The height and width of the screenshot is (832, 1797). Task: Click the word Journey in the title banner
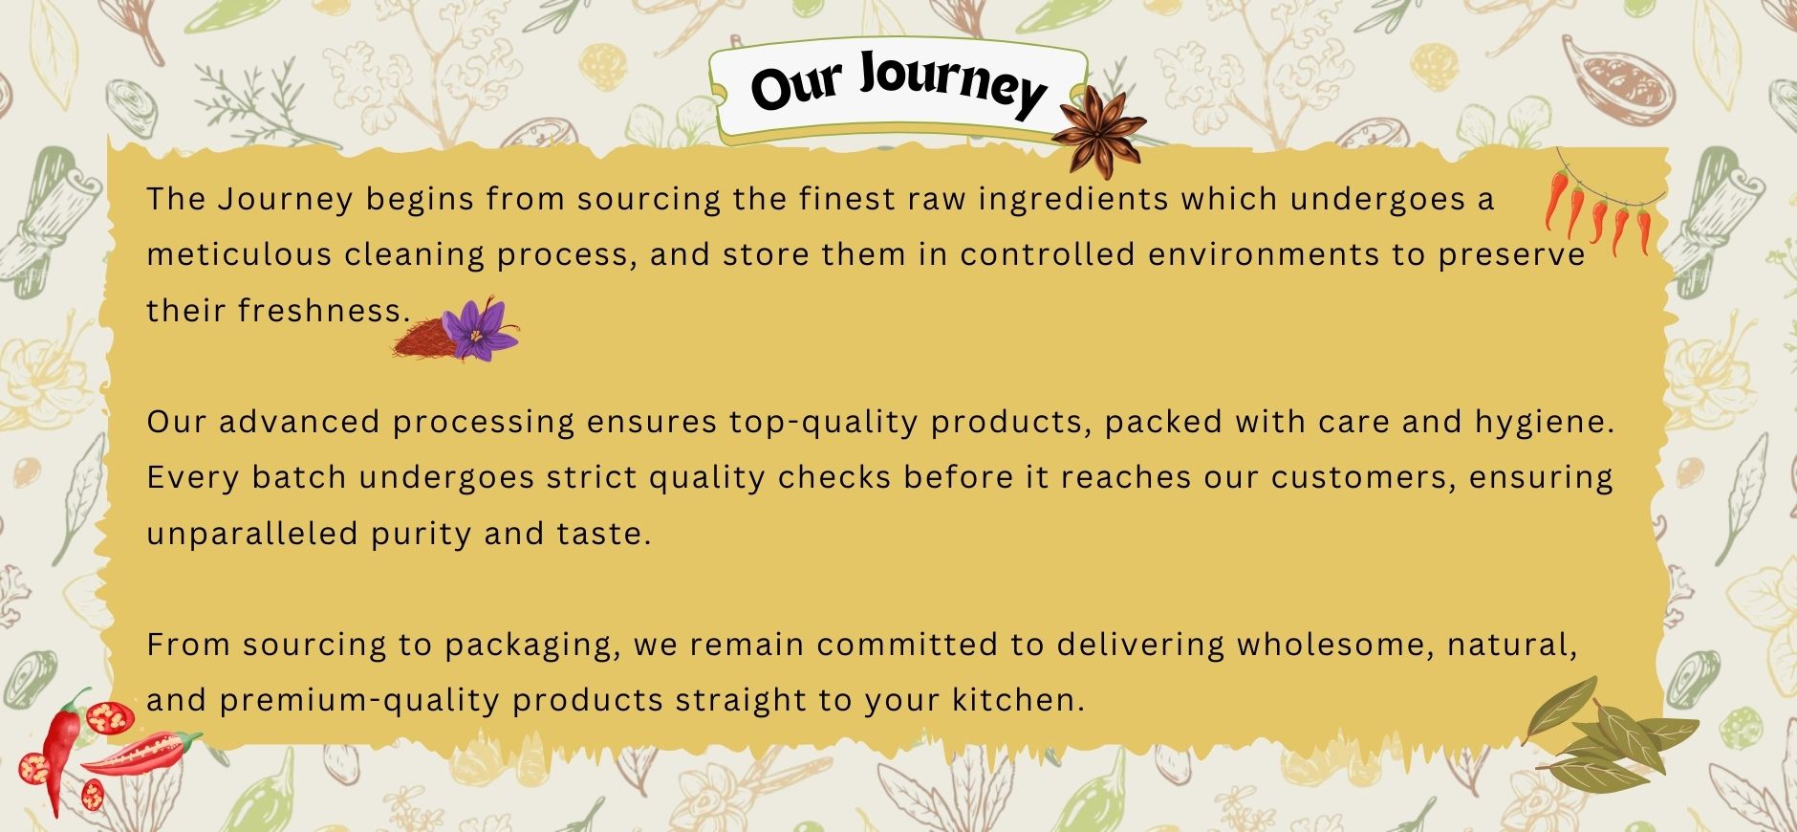952,83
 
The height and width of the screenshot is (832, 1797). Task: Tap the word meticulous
239,254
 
